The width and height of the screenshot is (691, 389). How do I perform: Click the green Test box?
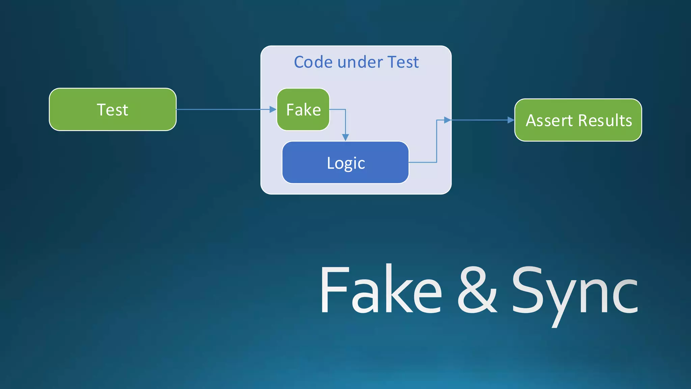113,109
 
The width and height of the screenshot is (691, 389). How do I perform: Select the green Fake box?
303,109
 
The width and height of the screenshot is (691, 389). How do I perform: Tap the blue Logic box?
345,162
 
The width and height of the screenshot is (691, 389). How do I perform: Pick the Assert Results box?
578,120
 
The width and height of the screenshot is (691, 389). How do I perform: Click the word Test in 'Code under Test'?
403,62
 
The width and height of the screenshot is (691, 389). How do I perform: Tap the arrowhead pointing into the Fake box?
273,109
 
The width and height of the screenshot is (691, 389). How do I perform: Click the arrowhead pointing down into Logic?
345,137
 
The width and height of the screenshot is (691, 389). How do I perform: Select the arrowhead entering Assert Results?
511,120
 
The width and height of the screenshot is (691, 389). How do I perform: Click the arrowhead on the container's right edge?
447,120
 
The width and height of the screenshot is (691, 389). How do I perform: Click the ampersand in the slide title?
477,290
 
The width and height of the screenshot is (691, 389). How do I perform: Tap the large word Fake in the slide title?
381,290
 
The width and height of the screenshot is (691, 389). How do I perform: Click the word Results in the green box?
605,121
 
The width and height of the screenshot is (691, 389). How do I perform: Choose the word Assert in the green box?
549,121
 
